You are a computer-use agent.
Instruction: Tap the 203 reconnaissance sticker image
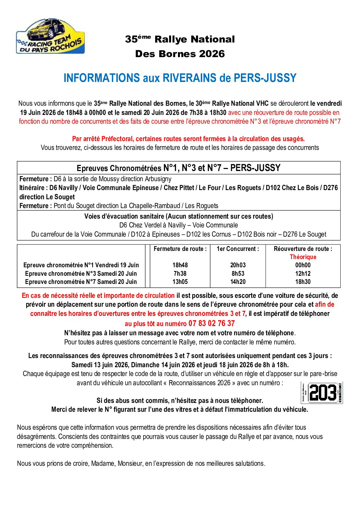pos(322,393)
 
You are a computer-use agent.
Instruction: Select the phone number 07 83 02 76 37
pos(212,323)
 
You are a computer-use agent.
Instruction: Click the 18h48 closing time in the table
pos(180,265)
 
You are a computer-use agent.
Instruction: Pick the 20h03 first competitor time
pos(238,265)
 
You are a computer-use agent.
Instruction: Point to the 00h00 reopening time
pos(303,265)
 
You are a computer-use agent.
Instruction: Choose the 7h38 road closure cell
pos(180,273)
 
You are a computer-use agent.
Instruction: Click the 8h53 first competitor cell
pos(238,273)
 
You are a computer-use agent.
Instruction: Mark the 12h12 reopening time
pos(303,273)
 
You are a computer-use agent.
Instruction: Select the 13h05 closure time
pos(180,282)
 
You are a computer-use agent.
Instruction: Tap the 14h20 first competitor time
pos(238,282)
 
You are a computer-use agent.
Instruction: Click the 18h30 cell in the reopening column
pos(303,282)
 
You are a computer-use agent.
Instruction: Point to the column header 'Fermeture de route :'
pos(180,249)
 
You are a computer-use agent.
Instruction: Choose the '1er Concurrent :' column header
pos(238,249)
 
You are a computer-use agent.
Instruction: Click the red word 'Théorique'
pos(303,257)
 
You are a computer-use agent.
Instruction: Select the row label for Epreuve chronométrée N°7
pos(81,282)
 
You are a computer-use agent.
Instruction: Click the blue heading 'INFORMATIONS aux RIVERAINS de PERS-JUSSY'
pos(180,78)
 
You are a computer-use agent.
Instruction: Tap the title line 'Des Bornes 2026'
pos(180,54)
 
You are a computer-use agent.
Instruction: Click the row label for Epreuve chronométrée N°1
pos(81,265)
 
